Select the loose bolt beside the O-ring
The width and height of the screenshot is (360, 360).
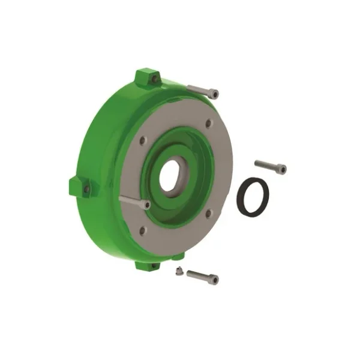pos(270,166)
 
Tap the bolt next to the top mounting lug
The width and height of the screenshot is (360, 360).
pos(203,91)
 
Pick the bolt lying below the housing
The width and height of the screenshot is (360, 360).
pos(202,277)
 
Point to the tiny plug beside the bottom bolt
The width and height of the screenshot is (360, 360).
pos(178,271)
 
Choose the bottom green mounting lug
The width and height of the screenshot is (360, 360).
pos(147,265)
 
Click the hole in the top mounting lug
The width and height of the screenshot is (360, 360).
pos(154,79)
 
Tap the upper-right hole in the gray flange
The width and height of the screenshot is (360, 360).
pos(208,124)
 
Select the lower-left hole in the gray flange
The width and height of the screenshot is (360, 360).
pos(142,230)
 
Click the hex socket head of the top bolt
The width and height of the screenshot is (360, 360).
pos(214,94)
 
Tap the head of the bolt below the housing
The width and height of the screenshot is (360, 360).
pos(214,280)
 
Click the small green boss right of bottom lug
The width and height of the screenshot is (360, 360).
pos(178,258)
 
